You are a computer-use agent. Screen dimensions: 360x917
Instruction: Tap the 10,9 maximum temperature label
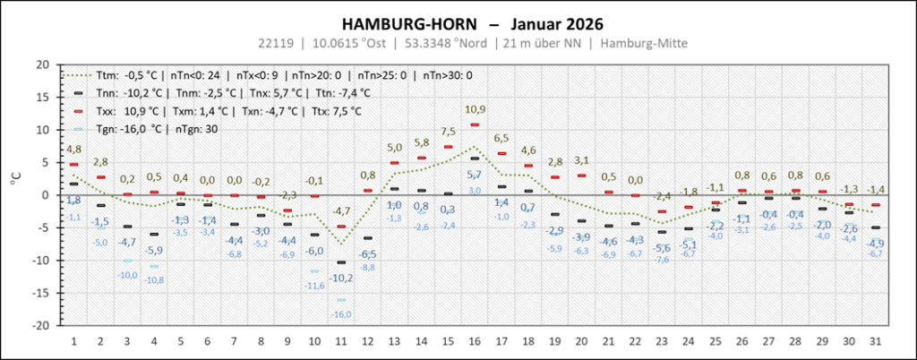(x=476, y=109)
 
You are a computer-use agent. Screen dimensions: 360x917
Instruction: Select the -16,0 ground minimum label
(x=342, y=313)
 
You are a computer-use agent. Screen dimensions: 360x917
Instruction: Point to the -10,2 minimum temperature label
(x=341, y=277)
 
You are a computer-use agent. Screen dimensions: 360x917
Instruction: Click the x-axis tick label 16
(x=475, y=341)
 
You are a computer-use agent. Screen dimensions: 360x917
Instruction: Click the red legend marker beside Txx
(x=78, y=111)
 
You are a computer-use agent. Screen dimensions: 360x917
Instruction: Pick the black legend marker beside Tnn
(x=78, y=92)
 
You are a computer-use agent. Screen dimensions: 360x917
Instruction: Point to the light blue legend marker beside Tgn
(x=78, y=129)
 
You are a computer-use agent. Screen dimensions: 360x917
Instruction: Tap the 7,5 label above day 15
(x=449, y=132)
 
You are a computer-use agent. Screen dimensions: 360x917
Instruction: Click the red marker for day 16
(x=475, y=124)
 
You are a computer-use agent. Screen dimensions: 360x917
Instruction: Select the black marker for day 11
(x=341, y=262)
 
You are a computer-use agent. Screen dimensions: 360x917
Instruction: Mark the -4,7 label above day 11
(x=341, y=211)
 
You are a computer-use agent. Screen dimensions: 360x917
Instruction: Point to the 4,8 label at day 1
(x=73, y=149)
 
